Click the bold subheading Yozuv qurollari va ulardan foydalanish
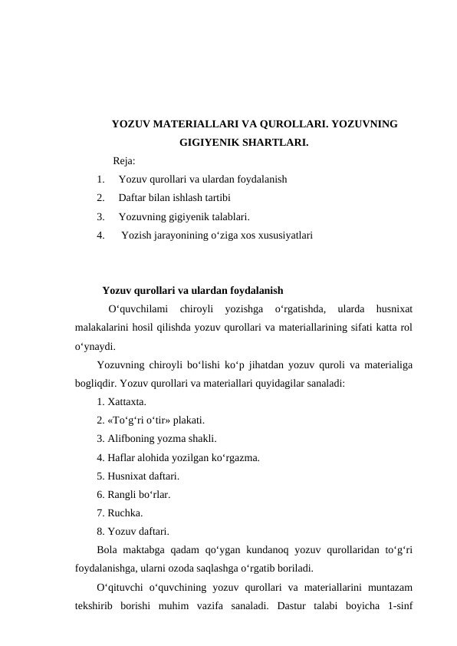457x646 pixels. pos(192,291)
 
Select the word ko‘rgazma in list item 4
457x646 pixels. pos(235,458)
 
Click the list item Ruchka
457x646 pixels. pos(122,513)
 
